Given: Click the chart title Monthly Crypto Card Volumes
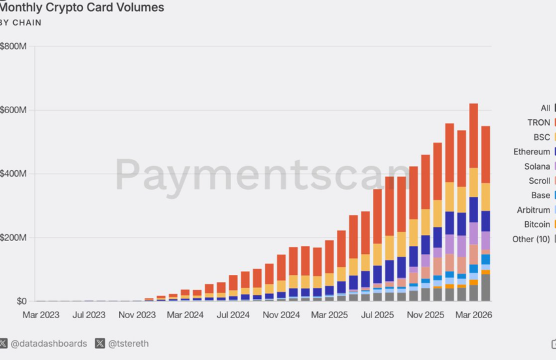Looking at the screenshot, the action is (82, 7).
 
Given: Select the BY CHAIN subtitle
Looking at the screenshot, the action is (20, 23).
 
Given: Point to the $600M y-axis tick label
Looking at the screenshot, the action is (13, 110).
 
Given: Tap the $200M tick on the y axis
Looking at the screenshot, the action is (13, 238).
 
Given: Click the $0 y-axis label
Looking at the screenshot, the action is (22, 301).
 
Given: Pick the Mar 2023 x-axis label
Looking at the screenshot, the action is (41, 315).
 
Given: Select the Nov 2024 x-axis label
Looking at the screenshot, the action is (281, 315).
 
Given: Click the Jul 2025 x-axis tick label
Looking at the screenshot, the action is (377, 315).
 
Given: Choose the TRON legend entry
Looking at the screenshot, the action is (538, 122).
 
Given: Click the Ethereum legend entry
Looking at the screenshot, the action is (532, 152).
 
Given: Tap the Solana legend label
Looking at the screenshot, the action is (537, 166).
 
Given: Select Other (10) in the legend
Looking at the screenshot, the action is (531, 239).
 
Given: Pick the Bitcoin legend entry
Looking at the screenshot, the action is (537, 225).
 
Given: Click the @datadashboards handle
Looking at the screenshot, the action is (49, 344).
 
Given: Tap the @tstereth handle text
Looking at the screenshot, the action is (128, 344).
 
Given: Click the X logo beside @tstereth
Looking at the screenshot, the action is (100, 344).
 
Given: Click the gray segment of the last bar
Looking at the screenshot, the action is (486, 287).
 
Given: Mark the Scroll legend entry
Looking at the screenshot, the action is (540, 181).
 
